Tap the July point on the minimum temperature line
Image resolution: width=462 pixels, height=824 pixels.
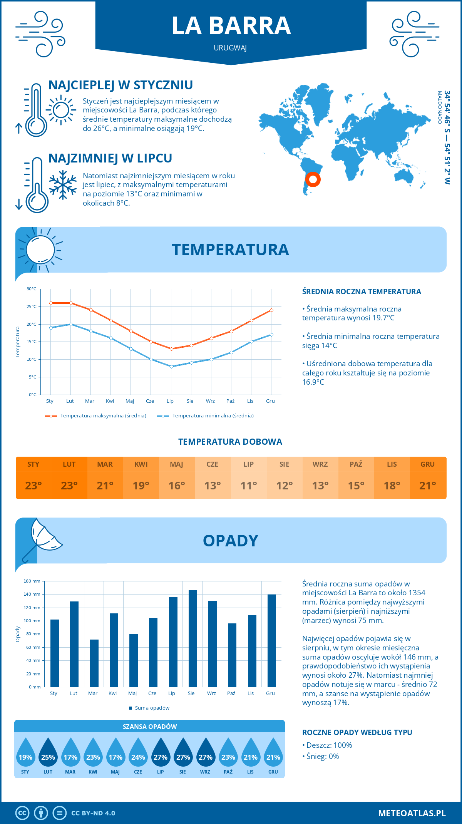(172, 367)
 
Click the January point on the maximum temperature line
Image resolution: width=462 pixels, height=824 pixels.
(51, 303)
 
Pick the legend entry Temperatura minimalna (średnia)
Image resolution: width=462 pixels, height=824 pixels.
(206, 416)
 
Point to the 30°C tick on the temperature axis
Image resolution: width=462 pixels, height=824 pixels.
(32, 289)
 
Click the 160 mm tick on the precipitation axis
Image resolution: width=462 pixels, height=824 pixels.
(32, 581)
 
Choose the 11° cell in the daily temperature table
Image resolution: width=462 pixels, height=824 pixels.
(248, 486)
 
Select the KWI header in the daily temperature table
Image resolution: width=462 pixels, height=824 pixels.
(141, 464)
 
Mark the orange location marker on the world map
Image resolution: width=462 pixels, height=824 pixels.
(313, 179)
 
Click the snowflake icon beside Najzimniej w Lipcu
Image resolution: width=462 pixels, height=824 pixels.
(63, 185)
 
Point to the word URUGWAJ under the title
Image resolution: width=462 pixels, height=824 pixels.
(230, 48)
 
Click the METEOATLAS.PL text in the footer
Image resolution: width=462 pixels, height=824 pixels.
(412, 813)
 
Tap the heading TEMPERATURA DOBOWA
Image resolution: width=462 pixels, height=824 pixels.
(230, 442)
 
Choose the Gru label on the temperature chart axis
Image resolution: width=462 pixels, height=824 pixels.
(270, 401)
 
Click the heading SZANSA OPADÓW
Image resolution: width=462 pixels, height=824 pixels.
(150, 727)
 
